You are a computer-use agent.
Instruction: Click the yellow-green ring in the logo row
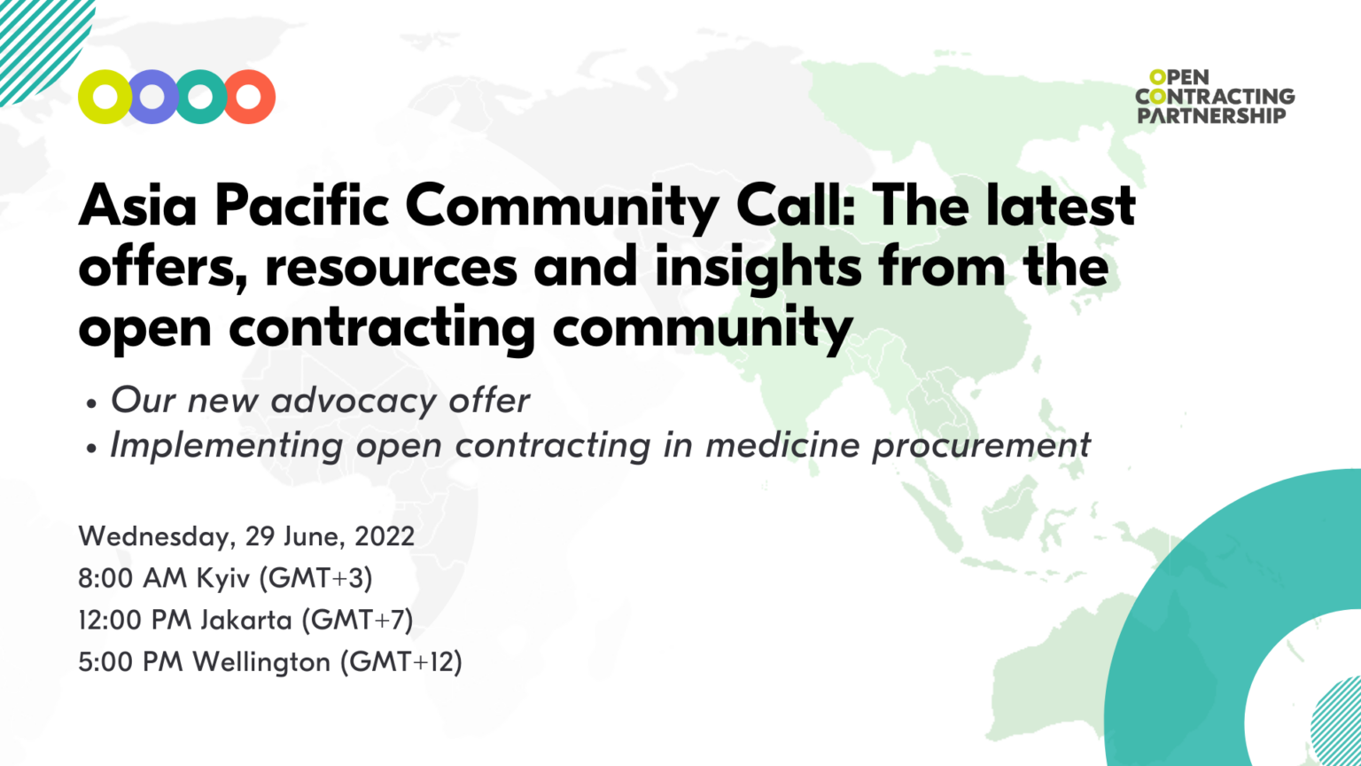pyautogui.click(x=105, y=97)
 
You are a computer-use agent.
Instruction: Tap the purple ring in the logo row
pyautogui.click(x=152, y=97)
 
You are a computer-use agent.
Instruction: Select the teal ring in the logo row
pyautogui.click(x=201, y=97)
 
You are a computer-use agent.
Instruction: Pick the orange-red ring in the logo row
pyautogui.click(x=249, y=97)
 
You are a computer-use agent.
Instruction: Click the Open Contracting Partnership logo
pyautogui.click(x=1215, y=97)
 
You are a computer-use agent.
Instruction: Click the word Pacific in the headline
pyautogui.click(x=301, y=206)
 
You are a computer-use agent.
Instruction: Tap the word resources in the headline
pyautogui.click(x=392, y=267)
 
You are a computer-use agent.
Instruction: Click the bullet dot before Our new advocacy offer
pyautogui.click(x=91, y=403)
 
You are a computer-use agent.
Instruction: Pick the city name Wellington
pyautogui.click(x=261, y=662)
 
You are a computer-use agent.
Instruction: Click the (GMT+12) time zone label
pyautogui.click(x=402, y=662)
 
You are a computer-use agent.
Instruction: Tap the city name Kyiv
pyautogui.click(x=223, y=579)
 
